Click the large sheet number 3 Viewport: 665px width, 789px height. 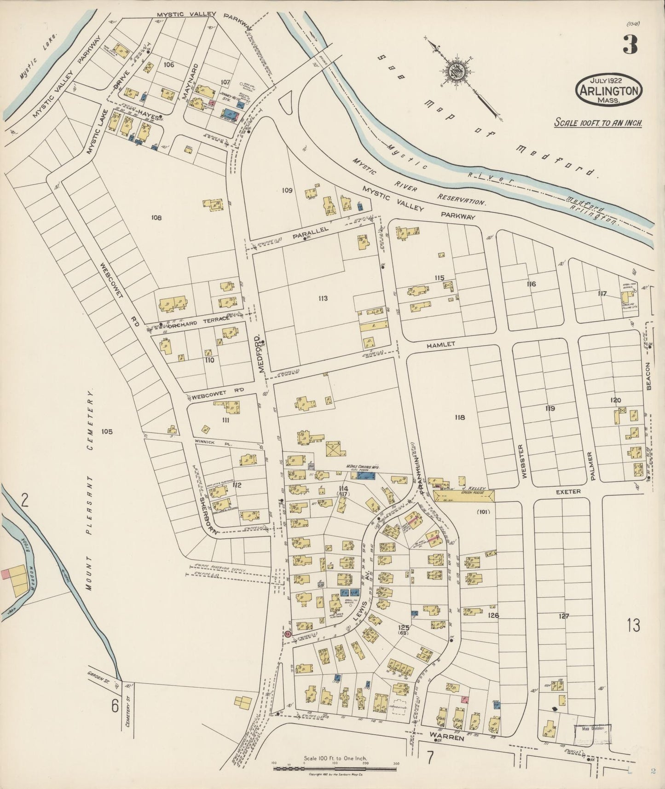[x=630, y=44]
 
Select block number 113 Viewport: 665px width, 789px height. [x=323, y=298]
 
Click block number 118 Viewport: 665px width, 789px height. [x=459, y=417]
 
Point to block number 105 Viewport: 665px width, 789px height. [x=107, y=431]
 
